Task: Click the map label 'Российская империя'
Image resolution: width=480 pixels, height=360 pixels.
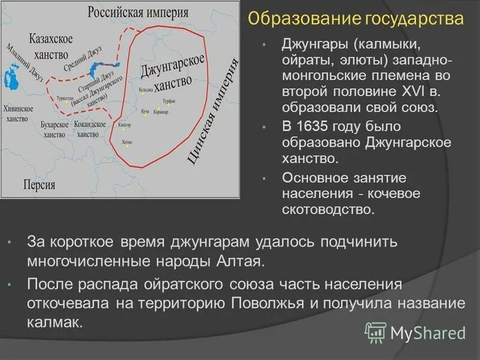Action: pyautogui.click(x=138, y=13)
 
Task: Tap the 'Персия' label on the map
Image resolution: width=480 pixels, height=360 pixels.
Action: pyautogui.click(x=40, y=184)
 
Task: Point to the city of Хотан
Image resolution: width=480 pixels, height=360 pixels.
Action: pyautogui.click(x=127, y=142)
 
